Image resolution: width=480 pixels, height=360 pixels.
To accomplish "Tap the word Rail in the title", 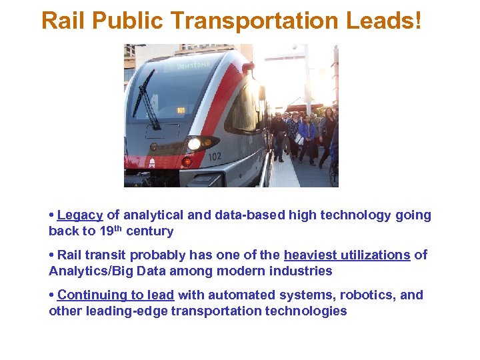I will pos(63,21).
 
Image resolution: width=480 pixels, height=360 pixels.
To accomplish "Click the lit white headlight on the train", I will pos(194,143).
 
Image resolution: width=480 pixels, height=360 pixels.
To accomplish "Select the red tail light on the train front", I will pos(187,162).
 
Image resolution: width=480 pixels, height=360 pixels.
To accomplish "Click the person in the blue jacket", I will pos(306,133).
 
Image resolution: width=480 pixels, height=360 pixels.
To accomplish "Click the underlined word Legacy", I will pos(80,215).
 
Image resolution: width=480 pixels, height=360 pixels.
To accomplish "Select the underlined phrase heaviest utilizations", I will pos(347,255).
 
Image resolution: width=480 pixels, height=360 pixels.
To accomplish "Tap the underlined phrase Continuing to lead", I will pos(116,295).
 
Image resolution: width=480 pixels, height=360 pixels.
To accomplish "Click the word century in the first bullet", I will pos(150,231).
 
